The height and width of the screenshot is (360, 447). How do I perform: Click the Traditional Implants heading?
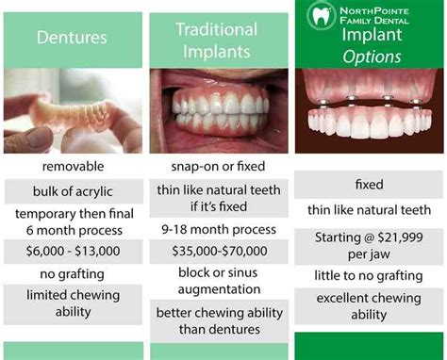click(x=217, y=40)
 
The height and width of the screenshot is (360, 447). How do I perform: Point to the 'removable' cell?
click(x=73, y=166)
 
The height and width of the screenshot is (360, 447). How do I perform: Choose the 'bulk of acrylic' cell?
click(x=73, y=191)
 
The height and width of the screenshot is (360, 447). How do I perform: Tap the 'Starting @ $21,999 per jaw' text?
click(x=369, y=245)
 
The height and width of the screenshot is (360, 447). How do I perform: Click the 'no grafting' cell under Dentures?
click(x=73, y=274)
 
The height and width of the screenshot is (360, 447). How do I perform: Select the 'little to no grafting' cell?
click(x=369, y=275)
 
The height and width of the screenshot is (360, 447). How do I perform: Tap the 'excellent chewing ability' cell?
click(x=369, y=307)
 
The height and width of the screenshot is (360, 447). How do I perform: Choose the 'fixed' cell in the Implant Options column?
click(x=369, y=185)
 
